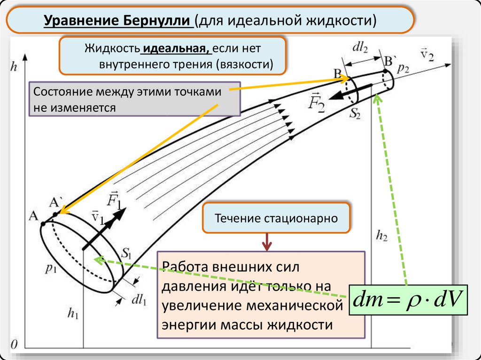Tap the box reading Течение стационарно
[276, 219]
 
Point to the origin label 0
[14, 344]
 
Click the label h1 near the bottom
[73, 314]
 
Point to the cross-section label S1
[126, 253]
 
